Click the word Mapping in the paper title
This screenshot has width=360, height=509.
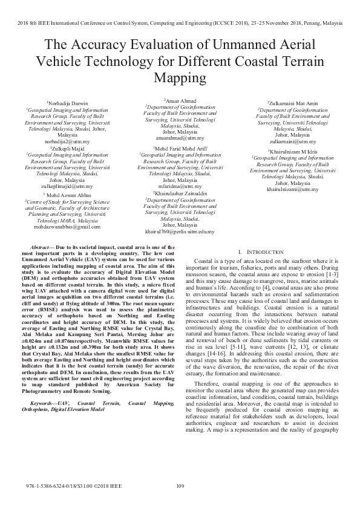click(180, 77)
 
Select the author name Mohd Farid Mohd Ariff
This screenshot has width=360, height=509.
click(180, 148)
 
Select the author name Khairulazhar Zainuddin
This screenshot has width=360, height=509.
click(180, 193)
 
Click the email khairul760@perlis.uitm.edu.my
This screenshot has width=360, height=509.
click(180, 231)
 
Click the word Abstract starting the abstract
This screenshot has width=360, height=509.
click(41, 248)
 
